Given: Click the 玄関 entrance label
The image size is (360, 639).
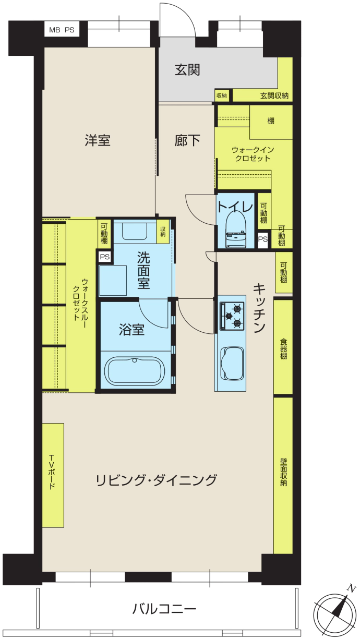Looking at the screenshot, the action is coord(187,70).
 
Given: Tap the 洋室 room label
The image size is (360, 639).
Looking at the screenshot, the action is coord(97,140).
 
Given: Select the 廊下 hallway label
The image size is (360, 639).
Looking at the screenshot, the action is coord(187,140).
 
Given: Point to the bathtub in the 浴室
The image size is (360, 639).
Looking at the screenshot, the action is coord(135,371).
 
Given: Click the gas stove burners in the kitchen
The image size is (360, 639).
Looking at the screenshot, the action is coord(232,316).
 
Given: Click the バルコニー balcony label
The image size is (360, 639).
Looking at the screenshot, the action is coord(164,609).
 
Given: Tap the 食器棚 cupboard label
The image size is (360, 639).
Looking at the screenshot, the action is coord(283,348).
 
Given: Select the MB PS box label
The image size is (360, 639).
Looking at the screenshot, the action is coord(62,30).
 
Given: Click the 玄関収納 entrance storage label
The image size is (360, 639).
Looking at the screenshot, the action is coord(274,96).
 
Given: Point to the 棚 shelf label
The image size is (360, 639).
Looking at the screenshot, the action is coord(271,121).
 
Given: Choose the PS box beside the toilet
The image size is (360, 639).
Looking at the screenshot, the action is coord(263,239).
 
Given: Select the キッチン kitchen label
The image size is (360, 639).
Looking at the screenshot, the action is coord(259,308).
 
